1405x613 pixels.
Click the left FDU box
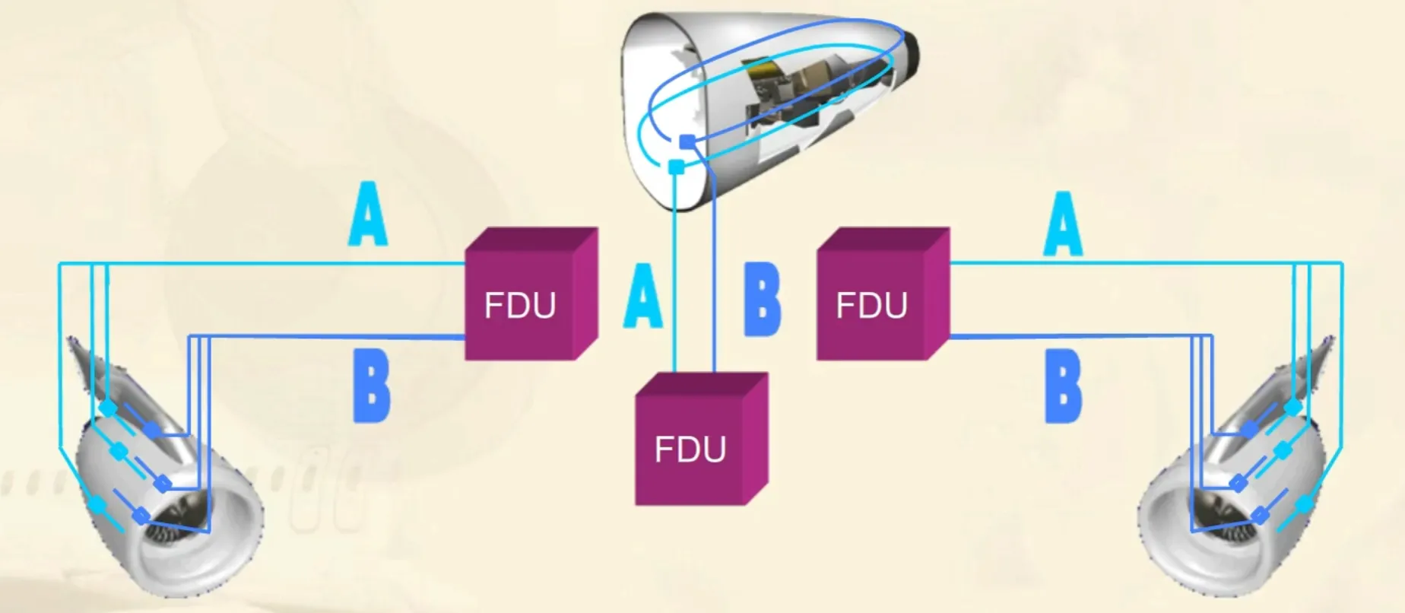pyautogui.click(x=531, y=294)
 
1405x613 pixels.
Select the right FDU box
pyautogui.click(x=883, y=294)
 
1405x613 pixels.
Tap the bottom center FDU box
pyautogui.click(x=701, y=439)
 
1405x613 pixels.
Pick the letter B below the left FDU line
pyautogui.click(x=372, y=387)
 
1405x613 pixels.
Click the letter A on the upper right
pyautogui.click(x=1064, y=224)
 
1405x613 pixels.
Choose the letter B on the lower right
pyautogui.click(x=1063, y=387)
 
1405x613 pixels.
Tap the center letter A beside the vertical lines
pyautogui.click(x=642, y=296)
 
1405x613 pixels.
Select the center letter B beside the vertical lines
pyautogui.click(x=762, y=299)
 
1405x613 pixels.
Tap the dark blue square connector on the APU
pyautogui.click(x=687, y=141)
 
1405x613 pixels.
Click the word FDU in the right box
pyautogui.click(x=872, y=306)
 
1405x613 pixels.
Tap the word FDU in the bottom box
pyautogui.click(x=690, y=449)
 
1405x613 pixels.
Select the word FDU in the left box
pyautogui.click(x=520, y=306)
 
